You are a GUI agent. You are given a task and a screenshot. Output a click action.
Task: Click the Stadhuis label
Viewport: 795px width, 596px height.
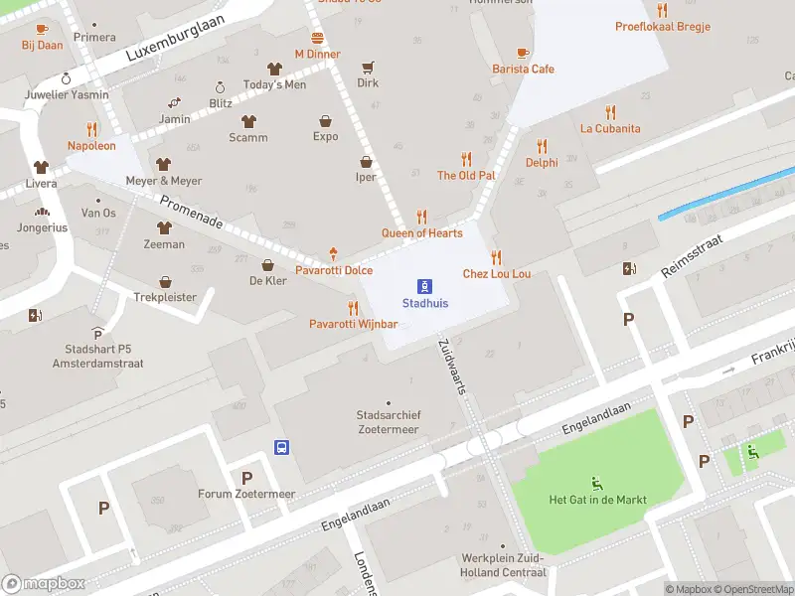point(424,303)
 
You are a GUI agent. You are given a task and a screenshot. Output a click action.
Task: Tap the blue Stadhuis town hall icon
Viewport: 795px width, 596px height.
point(424,285)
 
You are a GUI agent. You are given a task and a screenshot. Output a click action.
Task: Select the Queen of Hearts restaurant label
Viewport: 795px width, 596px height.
point(422,233)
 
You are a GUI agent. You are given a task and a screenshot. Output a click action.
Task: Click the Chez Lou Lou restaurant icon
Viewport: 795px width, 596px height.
point(496,256)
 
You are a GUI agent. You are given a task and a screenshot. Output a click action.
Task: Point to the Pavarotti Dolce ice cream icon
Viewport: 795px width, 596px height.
point(333,254)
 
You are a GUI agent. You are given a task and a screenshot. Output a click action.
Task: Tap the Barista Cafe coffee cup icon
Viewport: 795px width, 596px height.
point(523,53)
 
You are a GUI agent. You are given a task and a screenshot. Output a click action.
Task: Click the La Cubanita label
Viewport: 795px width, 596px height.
point(610,128)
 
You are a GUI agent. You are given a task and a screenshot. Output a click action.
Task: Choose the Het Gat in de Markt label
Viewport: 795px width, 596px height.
point(597,500)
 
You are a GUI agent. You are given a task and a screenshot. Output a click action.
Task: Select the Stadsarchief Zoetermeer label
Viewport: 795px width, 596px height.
point(388,422)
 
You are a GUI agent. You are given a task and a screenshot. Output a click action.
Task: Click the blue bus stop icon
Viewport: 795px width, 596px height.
point(282,447)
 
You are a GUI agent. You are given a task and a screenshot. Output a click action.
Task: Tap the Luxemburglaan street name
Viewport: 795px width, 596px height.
point(176,39)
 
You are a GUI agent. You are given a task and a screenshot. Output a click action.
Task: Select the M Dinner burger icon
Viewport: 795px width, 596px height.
point(318,38)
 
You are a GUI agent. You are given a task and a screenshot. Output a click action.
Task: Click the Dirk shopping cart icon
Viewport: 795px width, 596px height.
point(368,68)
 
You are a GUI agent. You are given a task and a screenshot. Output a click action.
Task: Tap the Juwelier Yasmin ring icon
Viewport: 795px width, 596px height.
point(67,78)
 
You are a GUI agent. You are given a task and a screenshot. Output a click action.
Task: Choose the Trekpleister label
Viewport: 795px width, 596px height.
point(165,297)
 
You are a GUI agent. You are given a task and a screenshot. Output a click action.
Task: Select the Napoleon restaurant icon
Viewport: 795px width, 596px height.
point(91,128)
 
